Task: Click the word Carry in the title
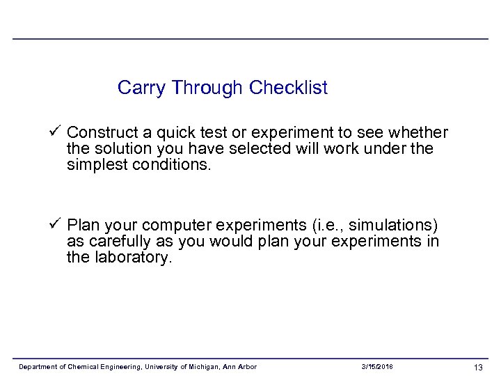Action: pyautogui.click(x=142, y=88)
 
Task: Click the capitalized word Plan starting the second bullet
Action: pyautogui.click(x=83, y=226)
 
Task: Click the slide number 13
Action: pyautogui.click(x=478, y=367)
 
